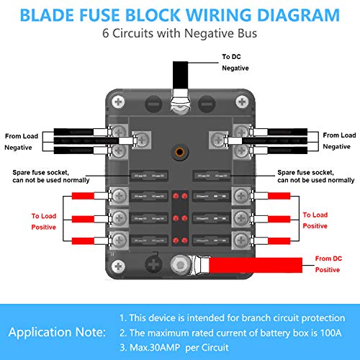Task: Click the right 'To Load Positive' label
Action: pyautogui.click(x=315, y=220)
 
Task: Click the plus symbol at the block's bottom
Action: pyautogui.click(x=152, y=264)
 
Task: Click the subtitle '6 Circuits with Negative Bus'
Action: pyautogui.click(x=180, y=32)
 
